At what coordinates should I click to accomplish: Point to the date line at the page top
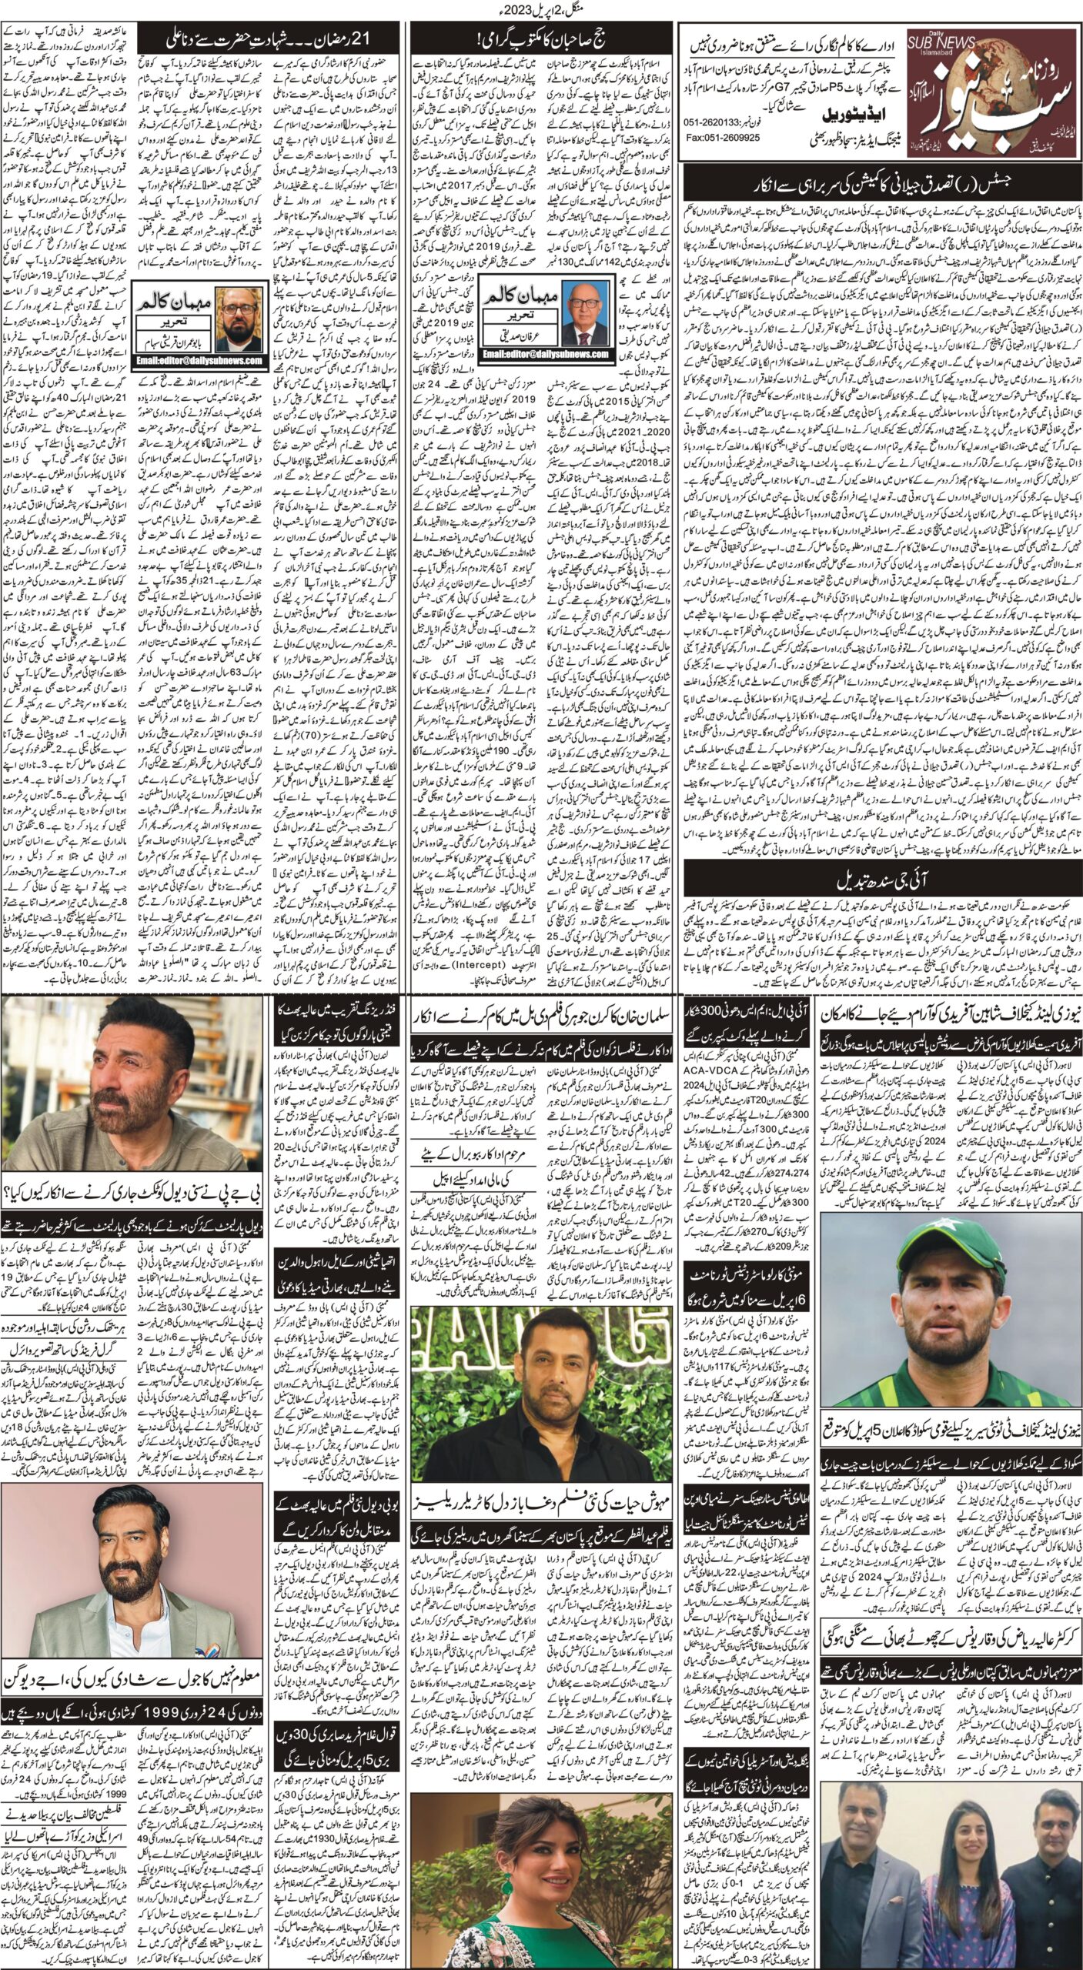click(541, 10)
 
